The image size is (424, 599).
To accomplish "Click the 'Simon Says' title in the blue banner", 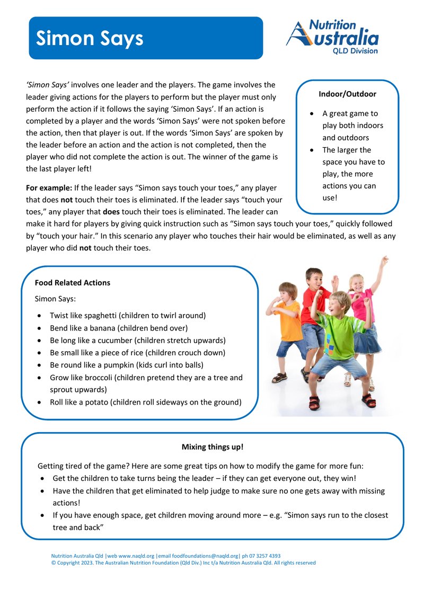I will click(90, 39).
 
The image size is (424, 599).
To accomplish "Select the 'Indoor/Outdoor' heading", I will click(347, 94).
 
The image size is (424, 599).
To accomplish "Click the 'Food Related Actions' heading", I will click(73, 283).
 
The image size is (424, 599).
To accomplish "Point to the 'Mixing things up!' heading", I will click(213, 447).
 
